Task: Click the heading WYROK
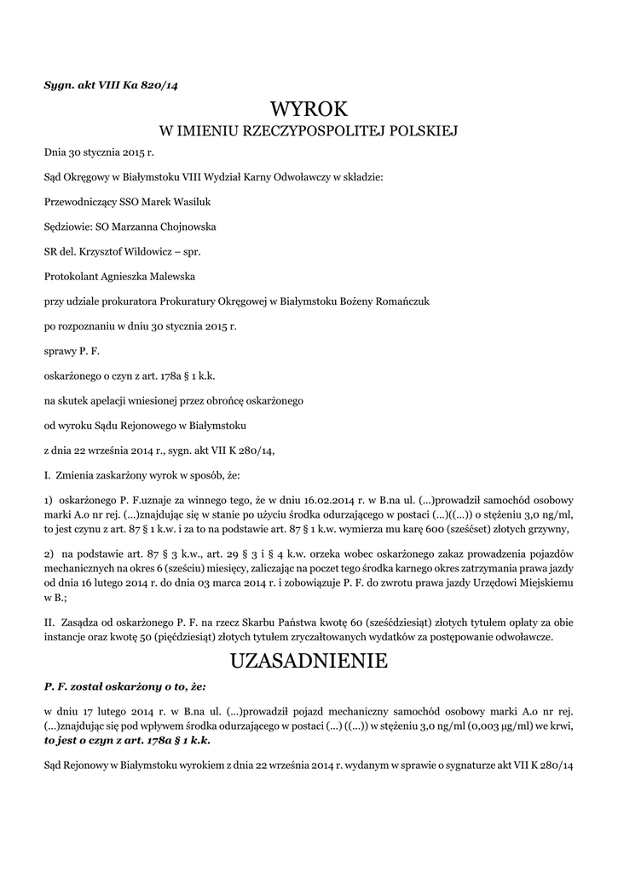tap(309, 108)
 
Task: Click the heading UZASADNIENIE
tap(309, 660)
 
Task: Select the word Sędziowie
tap(67, 227)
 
